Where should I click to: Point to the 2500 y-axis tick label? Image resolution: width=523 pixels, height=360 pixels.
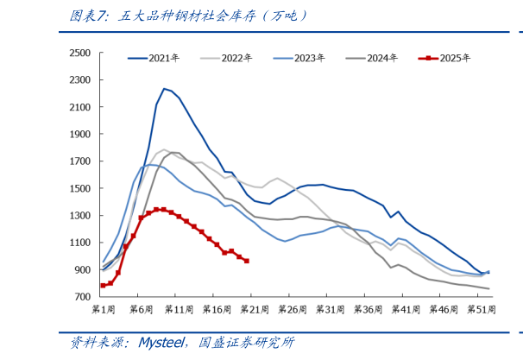click(x=79, y=53)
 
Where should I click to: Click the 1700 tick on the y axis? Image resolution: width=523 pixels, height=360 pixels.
click(x=79, y=161)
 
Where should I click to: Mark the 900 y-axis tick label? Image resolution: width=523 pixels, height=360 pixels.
click(x=82, y=270)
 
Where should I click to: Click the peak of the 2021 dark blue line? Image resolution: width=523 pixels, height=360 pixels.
click(x=164, y=88)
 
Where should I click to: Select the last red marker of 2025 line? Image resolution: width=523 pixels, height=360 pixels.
click(x=247, y=261)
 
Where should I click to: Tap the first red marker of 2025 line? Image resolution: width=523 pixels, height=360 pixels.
click(x=103, y=285)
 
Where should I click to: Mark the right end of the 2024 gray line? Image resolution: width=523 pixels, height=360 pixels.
click(x=488, y=288)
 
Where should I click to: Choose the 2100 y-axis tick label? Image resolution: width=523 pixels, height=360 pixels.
click(x=79, y=107)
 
